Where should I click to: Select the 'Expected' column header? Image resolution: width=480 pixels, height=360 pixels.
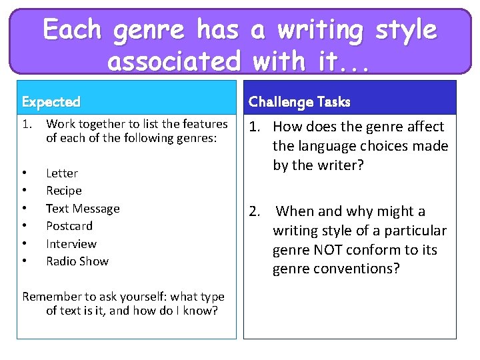coord(51,102)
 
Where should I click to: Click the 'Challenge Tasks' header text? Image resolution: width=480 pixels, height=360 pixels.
coord(299,102)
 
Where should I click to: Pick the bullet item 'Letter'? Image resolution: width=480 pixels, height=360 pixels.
coord(62,173)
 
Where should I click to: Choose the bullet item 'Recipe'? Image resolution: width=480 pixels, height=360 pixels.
coord(64,191)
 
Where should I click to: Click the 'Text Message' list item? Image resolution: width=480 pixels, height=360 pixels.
coord(83,209)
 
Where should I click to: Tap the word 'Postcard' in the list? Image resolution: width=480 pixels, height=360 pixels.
coord(69,226)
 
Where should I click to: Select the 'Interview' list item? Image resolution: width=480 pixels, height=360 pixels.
coord(71,244)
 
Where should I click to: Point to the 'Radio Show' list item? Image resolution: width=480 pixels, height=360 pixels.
coord(77,261)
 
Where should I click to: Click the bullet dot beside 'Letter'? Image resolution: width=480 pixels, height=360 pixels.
coord(25,173)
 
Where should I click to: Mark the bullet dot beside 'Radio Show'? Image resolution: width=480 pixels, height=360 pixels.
coord(25,261)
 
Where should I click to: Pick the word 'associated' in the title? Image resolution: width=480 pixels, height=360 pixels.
coord(174,61)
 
